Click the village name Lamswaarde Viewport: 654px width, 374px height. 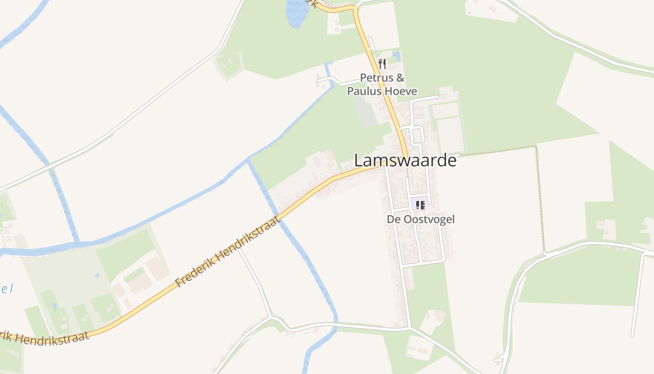point(405,160)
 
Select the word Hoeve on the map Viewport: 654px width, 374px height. point(401,91)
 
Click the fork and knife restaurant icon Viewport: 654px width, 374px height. point(382,64)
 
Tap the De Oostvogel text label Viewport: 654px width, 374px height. point(420,219)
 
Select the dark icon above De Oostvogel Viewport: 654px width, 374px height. point(420,205)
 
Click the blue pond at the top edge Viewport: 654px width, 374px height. point(296,12)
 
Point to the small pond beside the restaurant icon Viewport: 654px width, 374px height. point(397,56)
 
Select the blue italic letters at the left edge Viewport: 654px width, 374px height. point(7,288)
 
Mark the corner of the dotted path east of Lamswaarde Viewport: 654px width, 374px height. point(535,147)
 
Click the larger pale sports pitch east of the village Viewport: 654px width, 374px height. point(450,135)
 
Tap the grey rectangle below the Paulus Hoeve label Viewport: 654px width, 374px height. point(365,112)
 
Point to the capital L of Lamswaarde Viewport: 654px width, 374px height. point(358,160)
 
